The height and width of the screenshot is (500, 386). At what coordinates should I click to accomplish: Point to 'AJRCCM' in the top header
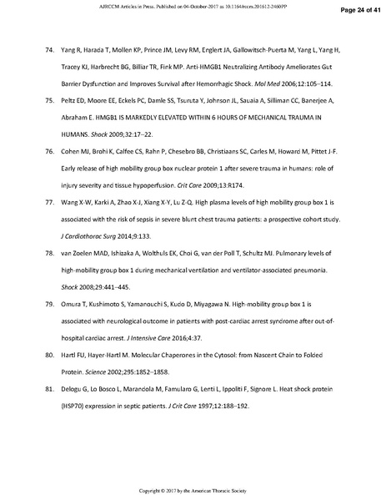[x=132, y=5]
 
